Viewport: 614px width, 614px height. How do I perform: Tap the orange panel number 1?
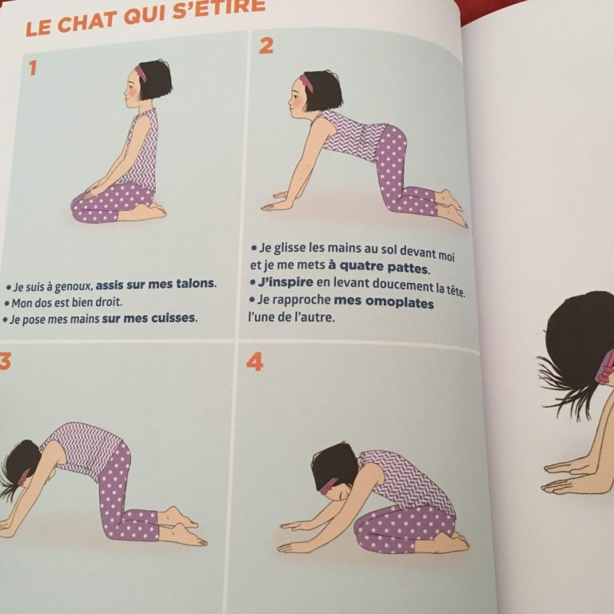[33, 68]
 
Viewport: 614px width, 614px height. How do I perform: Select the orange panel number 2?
[266, 46]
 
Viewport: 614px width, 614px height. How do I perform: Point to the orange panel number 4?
[255, 362]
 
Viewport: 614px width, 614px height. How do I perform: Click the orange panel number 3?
[5, 361]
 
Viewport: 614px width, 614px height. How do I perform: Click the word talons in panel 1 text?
[195, 283]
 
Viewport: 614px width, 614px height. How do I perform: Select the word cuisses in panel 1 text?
[173, 317]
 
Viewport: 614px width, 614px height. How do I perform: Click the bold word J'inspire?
[285, 282]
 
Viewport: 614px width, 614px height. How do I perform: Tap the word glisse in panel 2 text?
[289, 249]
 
